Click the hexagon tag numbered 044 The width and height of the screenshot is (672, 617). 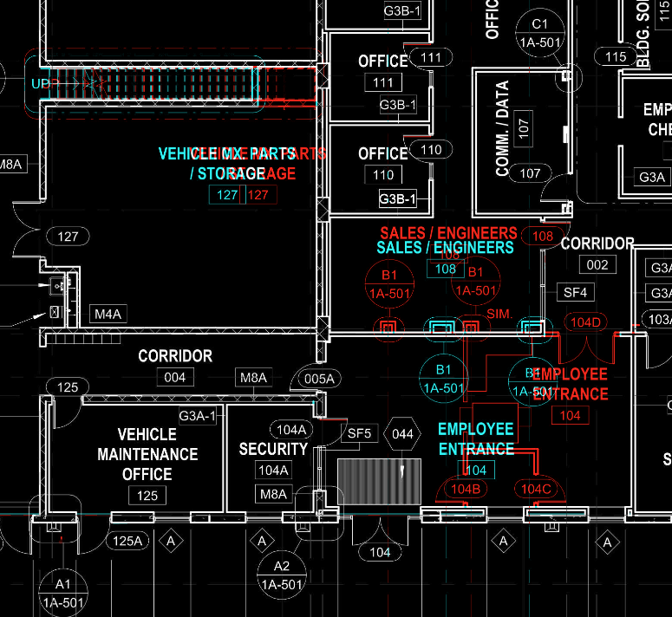[402, 433]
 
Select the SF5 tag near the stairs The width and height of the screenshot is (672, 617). [359, 432]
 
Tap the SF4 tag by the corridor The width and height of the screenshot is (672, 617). [576, 293]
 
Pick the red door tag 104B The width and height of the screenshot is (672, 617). [466, 489]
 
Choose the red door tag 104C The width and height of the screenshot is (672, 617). [535, 489]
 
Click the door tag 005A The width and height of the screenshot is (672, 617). [318, 378]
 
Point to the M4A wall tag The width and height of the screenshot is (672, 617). [108, 314]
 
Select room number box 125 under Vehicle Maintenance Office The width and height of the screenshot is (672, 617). [147, 496]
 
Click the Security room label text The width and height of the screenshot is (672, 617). [273, 449]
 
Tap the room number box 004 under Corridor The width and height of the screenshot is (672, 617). [174, 377]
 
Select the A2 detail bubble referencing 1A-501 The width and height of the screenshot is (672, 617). [282, 575]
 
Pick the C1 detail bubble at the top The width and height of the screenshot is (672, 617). [540, 33]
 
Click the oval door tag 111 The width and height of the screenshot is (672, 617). [431, 58]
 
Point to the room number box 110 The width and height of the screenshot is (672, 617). [383, 175]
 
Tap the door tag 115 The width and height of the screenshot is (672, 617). [616, 57]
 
